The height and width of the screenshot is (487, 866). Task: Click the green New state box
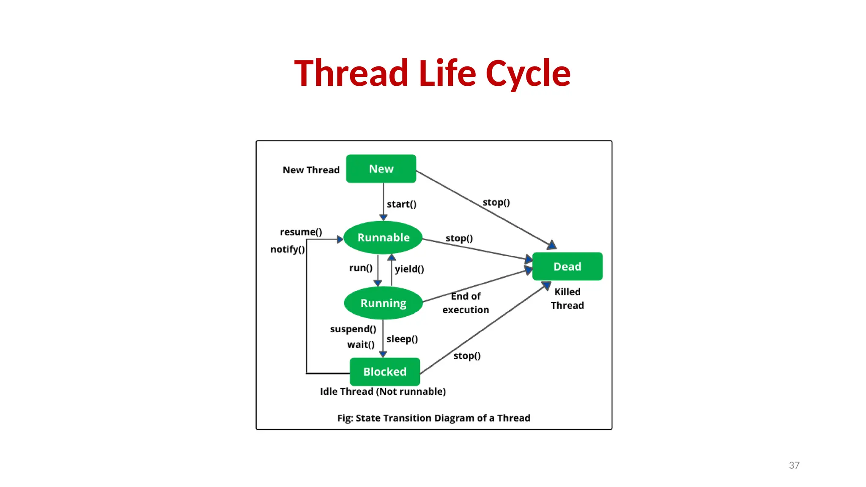[x=381, y=169]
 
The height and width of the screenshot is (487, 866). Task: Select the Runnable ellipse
[x=383, y=238]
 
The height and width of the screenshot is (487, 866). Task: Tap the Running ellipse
[x=383, y=303]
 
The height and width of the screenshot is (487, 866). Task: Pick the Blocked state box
[x=385, y=372]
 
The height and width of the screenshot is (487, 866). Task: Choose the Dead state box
[x=567, y=266]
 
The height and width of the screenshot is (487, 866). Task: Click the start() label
[x=401, y=204]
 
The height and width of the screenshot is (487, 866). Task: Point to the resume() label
[x=301, y=232]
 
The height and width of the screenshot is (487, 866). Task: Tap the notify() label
[x=288, y=249]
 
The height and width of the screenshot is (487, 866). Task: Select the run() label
[x=361, y=268]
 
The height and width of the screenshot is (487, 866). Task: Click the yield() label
[x=409, y=269]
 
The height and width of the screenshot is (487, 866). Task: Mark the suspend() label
[x=353, y=329]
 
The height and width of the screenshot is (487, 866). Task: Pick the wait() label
[x=361, y=345]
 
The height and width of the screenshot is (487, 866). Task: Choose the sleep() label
[x=402, y=339]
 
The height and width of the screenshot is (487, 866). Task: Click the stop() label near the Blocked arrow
[x=467, y=356]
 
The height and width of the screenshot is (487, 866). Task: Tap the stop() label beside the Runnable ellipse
[x=459, y=238]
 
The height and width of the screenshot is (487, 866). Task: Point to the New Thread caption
[x=311, y=170]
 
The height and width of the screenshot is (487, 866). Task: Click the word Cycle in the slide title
[x=528, y=74]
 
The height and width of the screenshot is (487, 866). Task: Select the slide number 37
[x=794, y=465]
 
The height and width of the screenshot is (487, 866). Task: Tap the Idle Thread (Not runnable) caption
[x=383, y=391]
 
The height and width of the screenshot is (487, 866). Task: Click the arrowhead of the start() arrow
[x=383, y=217]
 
